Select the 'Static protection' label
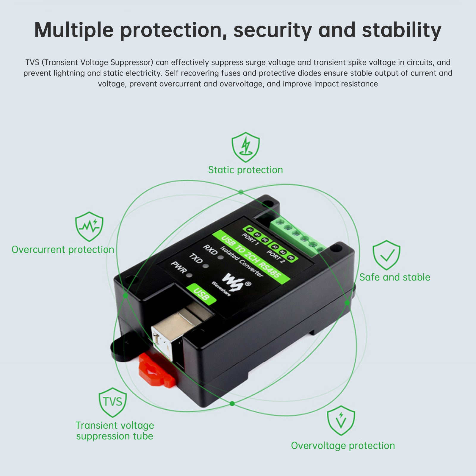(245, 170)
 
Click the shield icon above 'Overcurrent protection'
(89, 226)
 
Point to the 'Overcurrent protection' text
(63, 250)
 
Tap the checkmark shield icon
(386, 255)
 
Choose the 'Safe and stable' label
(394, 277)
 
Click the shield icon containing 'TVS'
(113, 402)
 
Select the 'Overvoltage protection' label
(343, 446)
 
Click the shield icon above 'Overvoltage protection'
(341, 420)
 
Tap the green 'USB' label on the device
(201, 294)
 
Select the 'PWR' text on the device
(178, 267)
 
